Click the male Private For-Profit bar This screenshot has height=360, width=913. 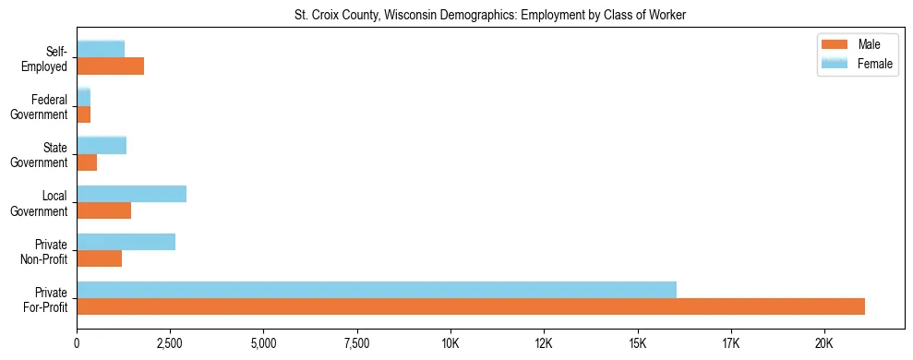pos(471,306)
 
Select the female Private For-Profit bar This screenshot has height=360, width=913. pos(377,290)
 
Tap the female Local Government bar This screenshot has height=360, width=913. pos(131,194)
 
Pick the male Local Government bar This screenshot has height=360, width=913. pos(103,210)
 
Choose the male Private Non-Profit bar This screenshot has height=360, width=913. pos(99,258)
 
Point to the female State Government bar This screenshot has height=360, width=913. pos(102,146)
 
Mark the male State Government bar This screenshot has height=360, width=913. pos(87,162)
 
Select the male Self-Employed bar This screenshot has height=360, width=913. pos(110,66)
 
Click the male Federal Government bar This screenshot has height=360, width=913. pos(83,114)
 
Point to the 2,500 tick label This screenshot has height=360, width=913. pos(170,343)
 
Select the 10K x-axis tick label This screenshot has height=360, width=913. pos(450,343)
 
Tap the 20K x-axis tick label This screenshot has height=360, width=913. pos(823,343)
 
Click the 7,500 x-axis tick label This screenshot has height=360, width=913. pos(356,343)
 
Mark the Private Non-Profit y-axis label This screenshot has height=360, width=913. pos(47,251)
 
